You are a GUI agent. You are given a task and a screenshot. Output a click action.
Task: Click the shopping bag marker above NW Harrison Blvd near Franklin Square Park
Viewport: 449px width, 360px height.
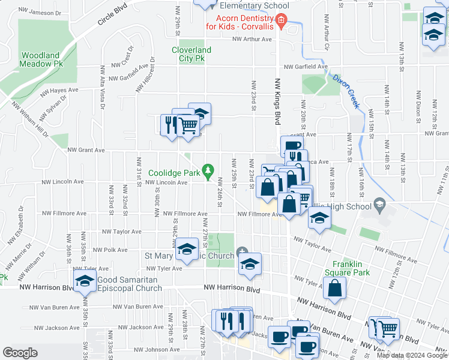[x=334, y=289]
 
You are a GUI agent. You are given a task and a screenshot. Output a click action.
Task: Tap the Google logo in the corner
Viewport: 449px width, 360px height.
[x=20, y=353]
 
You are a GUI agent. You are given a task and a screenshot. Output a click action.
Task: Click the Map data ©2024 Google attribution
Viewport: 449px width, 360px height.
[x=412, y=355]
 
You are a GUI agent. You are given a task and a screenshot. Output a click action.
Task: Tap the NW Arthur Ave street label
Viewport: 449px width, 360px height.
[x=253, y=40]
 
